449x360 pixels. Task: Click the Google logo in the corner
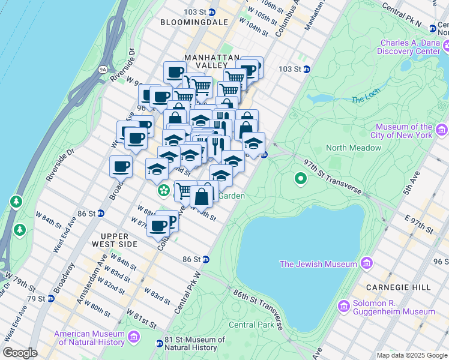(x=20, y=353)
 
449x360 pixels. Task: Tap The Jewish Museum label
(x=319, y=263)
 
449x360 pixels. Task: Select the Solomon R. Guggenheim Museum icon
(x=344, y=307)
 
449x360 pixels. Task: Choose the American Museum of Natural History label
(x=89, y=338)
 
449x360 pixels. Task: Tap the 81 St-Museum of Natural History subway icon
(x=159, y=344)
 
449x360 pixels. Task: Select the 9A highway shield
(x=103, y=70)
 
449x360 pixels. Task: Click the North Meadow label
(x=354, y=148)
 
